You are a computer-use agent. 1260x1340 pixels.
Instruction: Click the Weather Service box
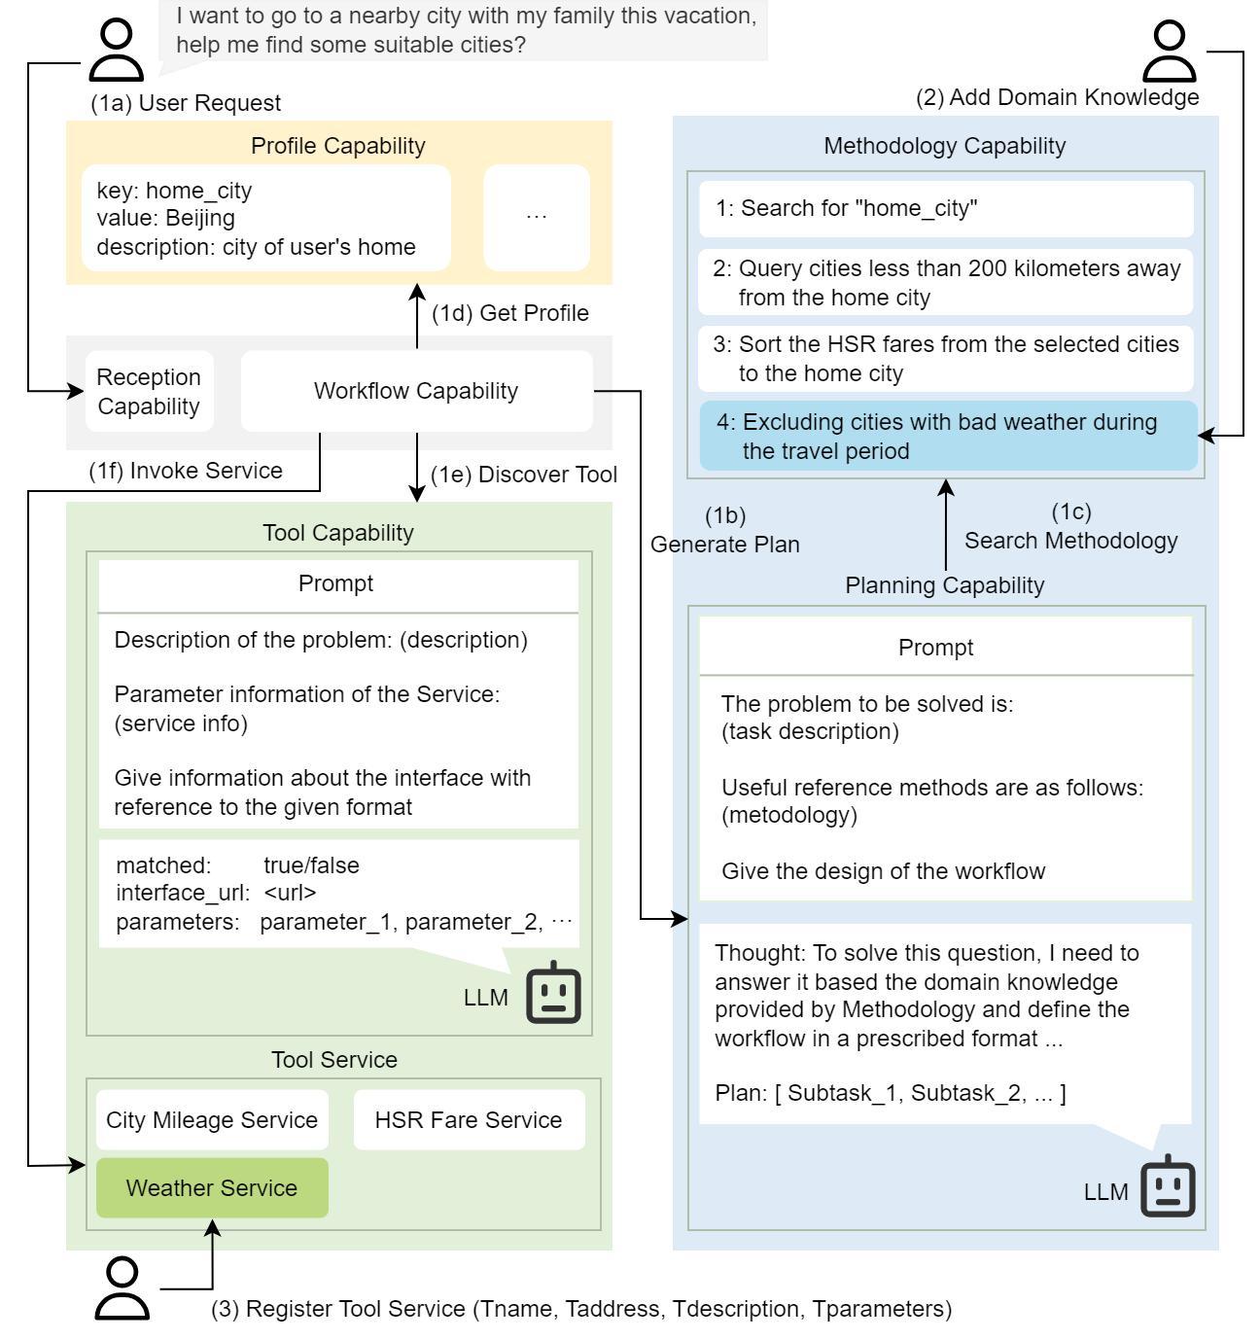212,1187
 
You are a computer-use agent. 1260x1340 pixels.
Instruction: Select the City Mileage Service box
212,1119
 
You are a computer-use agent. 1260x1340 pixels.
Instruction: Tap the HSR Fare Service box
469,1119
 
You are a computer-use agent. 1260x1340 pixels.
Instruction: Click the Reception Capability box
149,391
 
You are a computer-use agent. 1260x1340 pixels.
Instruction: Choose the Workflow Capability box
416,391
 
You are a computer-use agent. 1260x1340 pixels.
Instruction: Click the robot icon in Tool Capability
553,993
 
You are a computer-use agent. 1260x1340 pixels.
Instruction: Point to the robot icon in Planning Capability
1168,1186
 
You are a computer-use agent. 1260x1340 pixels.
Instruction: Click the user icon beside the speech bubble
117,52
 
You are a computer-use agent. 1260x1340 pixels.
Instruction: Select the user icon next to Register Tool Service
122,1288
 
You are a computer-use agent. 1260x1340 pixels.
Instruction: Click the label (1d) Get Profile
510,313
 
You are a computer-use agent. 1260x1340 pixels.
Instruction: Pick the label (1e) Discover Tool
524,475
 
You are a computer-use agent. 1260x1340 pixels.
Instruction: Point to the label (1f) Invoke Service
186,471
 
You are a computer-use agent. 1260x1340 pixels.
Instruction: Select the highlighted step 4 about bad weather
948,436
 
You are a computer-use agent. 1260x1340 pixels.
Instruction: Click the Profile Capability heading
337,145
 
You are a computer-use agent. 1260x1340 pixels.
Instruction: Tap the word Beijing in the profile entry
199,218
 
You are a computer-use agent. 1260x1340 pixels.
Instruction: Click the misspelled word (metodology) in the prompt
788,815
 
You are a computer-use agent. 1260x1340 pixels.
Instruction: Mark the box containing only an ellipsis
536,217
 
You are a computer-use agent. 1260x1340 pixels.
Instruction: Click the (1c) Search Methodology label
1070,527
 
